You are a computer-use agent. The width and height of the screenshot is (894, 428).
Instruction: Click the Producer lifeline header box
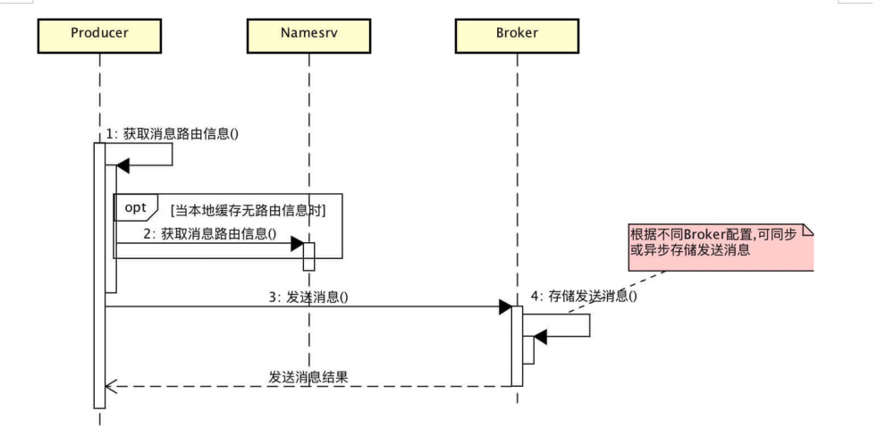(x=99, y=34)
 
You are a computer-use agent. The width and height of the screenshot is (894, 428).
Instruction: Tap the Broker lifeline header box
(x=517, y=34)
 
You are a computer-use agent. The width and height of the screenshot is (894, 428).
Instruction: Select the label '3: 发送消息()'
(x=308, y=298)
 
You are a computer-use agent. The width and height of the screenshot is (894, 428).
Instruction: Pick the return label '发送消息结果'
(x=308, y=377)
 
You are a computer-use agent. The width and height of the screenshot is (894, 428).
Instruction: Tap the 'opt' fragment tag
(x=135, y=207)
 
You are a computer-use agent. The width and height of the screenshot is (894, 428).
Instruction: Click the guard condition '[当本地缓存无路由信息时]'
(x=248, y=211)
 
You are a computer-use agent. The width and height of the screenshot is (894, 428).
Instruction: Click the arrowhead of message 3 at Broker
(x=505, y=307)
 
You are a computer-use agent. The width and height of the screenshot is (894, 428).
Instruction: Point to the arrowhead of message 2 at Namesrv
(x=297, y=244)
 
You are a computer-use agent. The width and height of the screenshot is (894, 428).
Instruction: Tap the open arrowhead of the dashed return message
(x=110, y=386)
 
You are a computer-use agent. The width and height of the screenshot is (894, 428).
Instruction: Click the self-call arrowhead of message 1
(x=123, y=165)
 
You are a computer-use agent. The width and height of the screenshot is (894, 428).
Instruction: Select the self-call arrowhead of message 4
(x=540, y=337)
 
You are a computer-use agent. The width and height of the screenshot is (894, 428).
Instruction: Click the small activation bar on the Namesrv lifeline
(x=308, y=256)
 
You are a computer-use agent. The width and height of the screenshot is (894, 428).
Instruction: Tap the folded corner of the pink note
(x=808, y=231)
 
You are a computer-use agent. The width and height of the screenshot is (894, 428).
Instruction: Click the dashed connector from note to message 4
(x=626, y=288)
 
